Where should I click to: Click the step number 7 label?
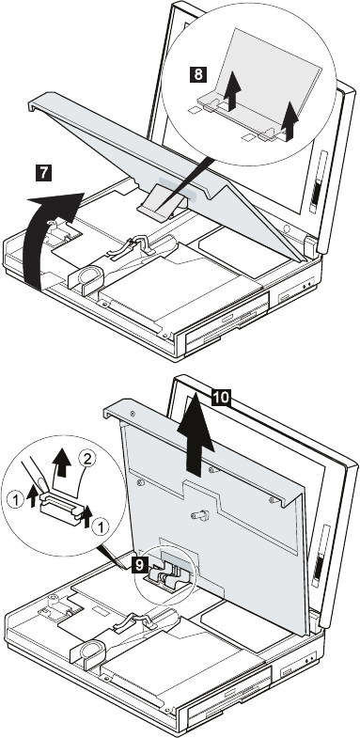click(43, 172)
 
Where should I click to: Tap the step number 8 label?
click(199, 74)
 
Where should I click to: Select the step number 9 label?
click(140, 565)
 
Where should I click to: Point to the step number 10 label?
click(221, 398)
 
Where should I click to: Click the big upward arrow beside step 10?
click(196, 438)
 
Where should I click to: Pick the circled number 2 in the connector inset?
click(86, 457)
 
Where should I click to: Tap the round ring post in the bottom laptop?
click(88, 650)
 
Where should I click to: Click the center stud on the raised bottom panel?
click(199, 515)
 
